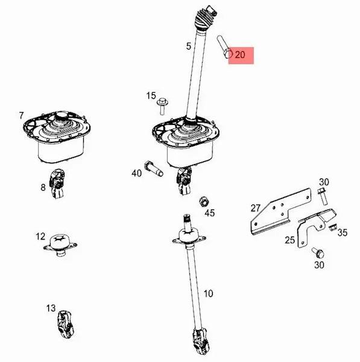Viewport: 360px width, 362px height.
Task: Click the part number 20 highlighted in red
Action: click(240, 55)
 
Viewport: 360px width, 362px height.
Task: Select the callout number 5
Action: click(189, 46)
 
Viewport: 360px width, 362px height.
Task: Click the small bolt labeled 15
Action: click(162, 106)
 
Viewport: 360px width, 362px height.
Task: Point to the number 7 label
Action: click(21, 115)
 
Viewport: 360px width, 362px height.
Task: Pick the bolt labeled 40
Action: click(153, 168)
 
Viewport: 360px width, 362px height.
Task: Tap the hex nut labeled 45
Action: click(204, 202)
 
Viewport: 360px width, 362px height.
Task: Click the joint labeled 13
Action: click(65, 325)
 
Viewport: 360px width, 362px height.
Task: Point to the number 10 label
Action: click(208, 294)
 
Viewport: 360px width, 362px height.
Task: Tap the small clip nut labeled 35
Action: click(332, 227)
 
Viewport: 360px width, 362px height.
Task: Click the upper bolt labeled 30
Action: click(323, 197)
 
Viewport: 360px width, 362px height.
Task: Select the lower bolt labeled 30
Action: click(318, 253)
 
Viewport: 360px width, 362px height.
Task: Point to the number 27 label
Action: click(256, 208)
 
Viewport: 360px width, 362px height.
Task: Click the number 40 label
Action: click(136, 173)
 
